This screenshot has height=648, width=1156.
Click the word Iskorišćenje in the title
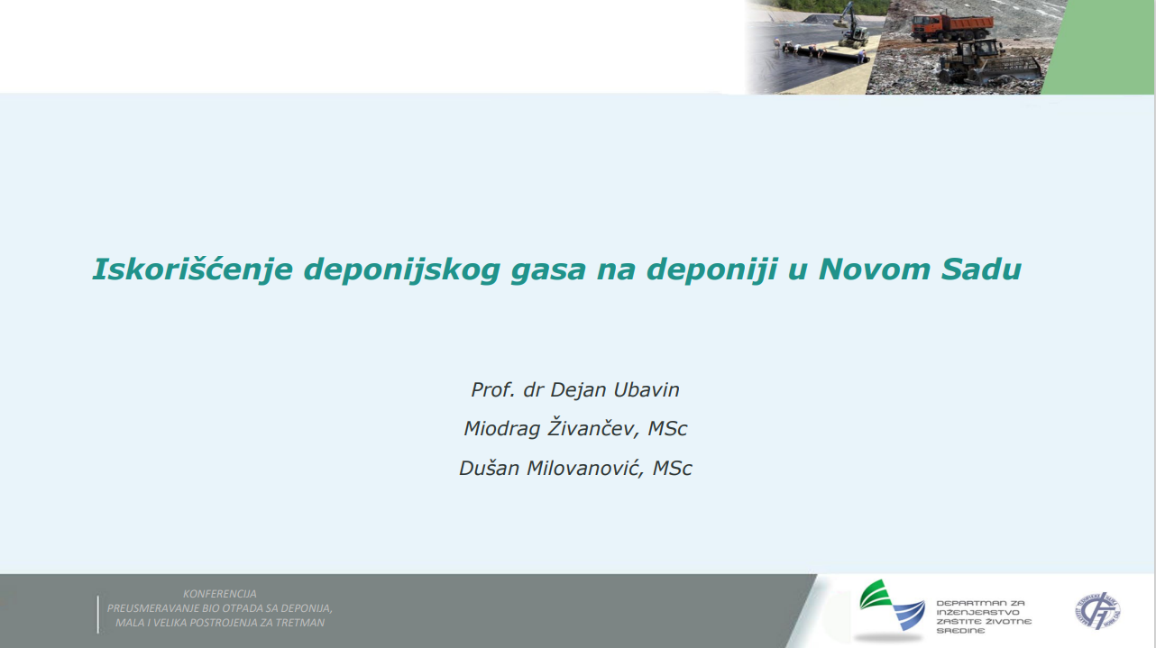(x=192, y=269)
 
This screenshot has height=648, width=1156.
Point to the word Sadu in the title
(x=981, y=269)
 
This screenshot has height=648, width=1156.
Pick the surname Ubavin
(x=647, y=389)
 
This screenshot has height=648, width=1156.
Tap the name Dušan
(x=489, y=468)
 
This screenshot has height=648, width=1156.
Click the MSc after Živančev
(x=667, y=429)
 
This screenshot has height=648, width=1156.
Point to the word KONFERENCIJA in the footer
(x=220, y=594)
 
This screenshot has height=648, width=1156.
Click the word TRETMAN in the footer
(x=300, y=623)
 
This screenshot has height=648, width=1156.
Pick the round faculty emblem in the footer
(x=1097, y=611)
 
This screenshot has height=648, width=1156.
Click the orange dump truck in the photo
(x=951, y=27)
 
